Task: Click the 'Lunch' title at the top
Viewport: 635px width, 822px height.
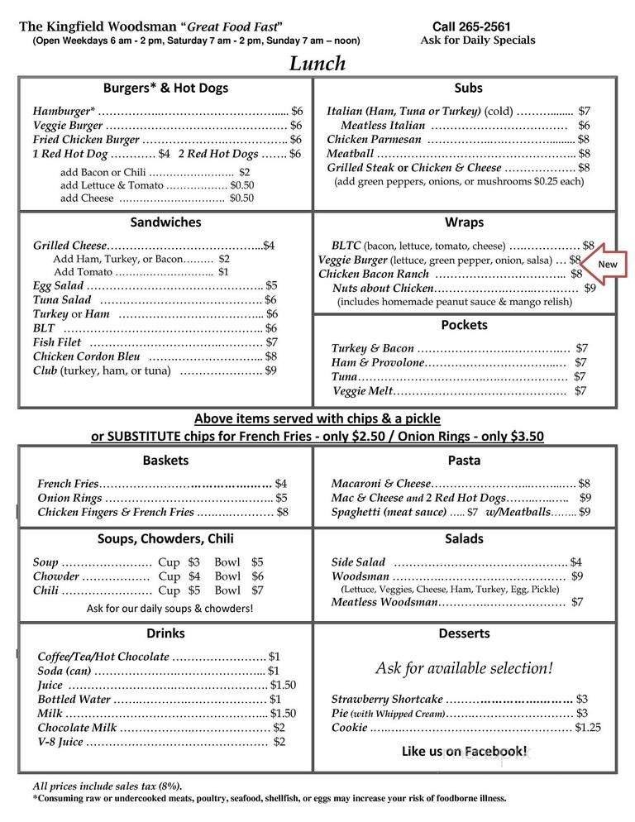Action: tap(317, 64)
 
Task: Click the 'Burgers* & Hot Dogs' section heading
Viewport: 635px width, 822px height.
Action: tap(165, 88)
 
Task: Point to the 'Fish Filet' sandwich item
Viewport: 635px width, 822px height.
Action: tap(57, 342)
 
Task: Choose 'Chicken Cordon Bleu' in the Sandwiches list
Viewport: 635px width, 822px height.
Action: tap(86, 356)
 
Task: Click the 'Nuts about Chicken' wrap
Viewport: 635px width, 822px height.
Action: tap(382, 289)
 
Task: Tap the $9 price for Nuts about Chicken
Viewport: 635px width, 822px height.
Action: tap(590, 289)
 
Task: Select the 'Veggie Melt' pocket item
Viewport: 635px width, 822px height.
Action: tap(361, 391)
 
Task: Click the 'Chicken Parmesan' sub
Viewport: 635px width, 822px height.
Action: tap(374, 139)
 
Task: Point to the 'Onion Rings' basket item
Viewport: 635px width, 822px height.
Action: tap(69, 498)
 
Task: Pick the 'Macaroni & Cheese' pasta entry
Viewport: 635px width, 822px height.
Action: tap(381, 484)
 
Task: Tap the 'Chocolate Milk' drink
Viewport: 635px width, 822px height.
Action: tap(76, 728)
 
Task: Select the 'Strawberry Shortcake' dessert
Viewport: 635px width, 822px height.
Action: tap(387, 699)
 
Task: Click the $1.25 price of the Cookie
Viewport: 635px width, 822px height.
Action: tap(587, 728)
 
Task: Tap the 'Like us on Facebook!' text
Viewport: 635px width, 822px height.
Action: tap(464, 751)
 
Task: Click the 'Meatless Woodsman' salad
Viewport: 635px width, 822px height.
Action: tap(384, 603)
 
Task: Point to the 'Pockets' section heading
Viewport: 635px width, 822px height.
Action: tap(464, 325)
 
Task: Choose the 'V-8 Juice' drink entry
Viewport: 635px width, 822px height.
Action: tap(60, 742)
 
